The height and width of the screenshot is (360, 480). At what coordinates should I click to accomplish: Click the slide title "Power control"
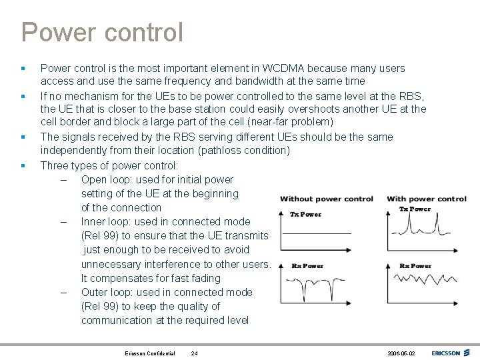pyautogui.click(x=101, y=31)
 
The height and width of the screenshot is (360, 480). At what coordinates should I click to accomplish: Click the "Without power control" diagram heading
pyautogui.click(x=326, y=199)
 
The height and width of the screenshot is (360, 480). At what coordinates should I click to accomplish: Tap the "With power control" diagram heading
pyautogui.click(x=427, y=199)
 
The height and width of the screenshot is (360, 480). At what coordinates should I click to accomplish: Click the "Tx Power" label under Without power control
pyautogui.click(x=305, y=214)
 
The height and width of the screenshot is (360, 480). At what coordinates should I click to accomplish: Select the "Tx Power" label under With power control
pyautogui.click(x=415, y=209)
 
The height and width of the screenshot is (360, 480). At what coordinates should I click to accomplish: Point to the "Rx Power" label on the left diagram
pyautogui.click(x=307, y=265)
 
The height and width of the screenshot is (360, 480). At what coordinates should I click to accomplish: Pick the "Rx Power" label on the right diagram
pyautogui.click(x=415, y=265)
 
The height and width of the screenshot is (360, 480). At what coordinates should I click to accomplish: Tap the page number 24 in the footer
pyautogui.click(x=194, y=353)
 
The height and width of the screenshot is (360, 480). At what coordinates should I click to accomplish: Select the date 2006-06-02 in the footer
pyautogui.click(x=401, y=353)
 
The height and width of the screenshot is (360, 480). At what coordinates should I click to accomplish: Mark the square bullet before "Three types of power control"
pyautogui.click(x=23, y=165)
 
